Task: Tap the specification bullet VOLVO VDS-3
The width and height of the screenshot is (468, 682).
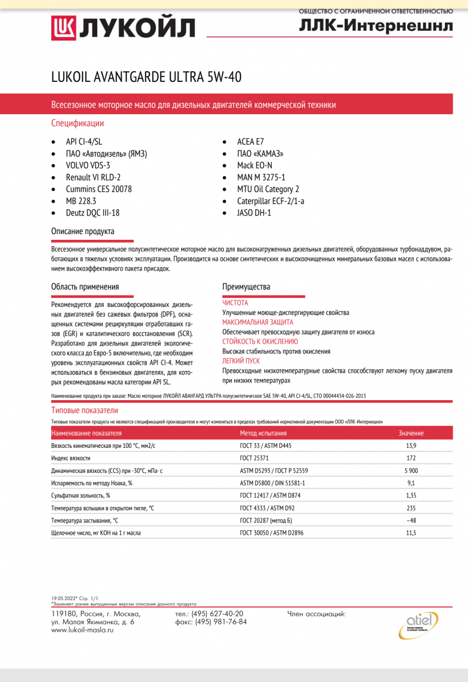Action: point(88,165)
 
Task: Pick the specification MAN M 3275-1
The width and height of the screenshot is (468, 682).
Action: point(261,177)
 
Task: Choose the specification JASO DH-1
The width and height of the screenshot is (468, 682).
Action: point(254,213)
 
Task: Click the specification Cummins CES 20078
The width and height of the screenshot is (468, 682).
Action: point(98,189)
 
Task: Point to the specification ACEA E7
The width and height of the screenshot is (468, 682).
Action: point(251,142)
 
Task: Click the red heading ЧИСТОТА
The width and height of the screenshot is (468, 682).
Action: point(235,303)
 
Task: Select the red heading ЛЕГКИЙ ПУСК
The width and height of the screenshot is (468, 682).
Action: point(241,361)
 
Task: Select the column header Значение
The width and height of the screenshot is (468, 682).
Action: point(411,433)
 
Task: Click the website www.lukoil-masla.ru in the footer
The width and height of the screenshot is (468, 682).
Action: point(82,630)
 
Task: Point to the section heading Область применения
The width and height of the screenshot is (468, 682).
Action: point(85,287)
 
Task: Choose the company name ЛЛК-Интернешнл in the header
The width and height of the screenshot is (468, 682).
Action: point(376,27)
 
